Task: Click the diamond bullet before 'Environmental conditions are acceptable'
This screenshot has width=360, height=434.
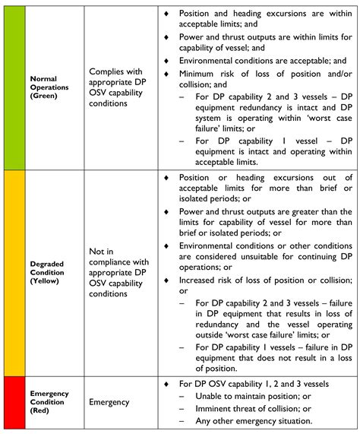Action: point(167,60)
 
